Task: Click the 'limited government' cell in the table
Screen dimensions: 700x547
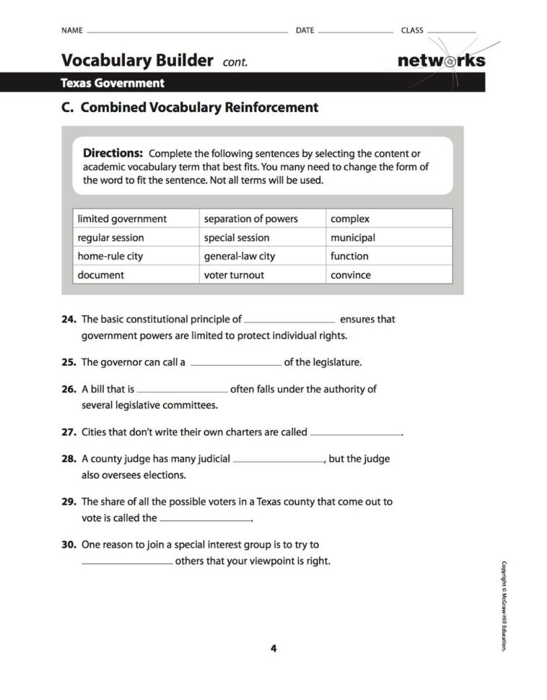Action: (122, 219)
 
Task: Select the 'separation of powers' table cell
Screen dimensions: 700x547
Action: (250, 219)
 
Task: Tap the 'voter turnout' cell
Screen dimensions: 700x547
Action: (234, 275)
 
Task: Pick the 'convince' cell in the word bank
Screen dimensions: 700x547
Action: (351, 275)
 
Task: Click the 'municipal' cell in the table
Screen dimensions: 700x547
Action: (353, 237)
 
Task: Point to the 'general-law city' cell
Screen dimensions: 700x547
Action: (240, 256)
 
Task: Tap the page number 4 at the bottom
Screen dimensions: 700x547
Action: (273, 648)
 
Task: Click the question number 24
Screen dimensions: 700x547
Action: (69, 319)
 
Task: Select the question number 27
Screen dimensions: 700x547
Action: (69, 432)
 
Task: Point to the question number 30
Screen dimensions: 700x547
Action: (69, 545)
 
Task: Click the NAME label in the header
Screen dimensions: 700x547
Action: (72, 30)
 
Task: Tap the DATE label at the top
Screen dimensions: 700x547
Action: (305, 30)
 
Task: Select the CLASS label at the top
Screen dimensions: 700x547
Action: (412, 30)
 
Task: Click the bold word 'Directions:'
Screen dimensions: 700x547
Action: (113, 153)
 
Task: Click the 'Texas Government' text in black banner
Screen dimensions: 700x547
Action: (113, 83)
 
